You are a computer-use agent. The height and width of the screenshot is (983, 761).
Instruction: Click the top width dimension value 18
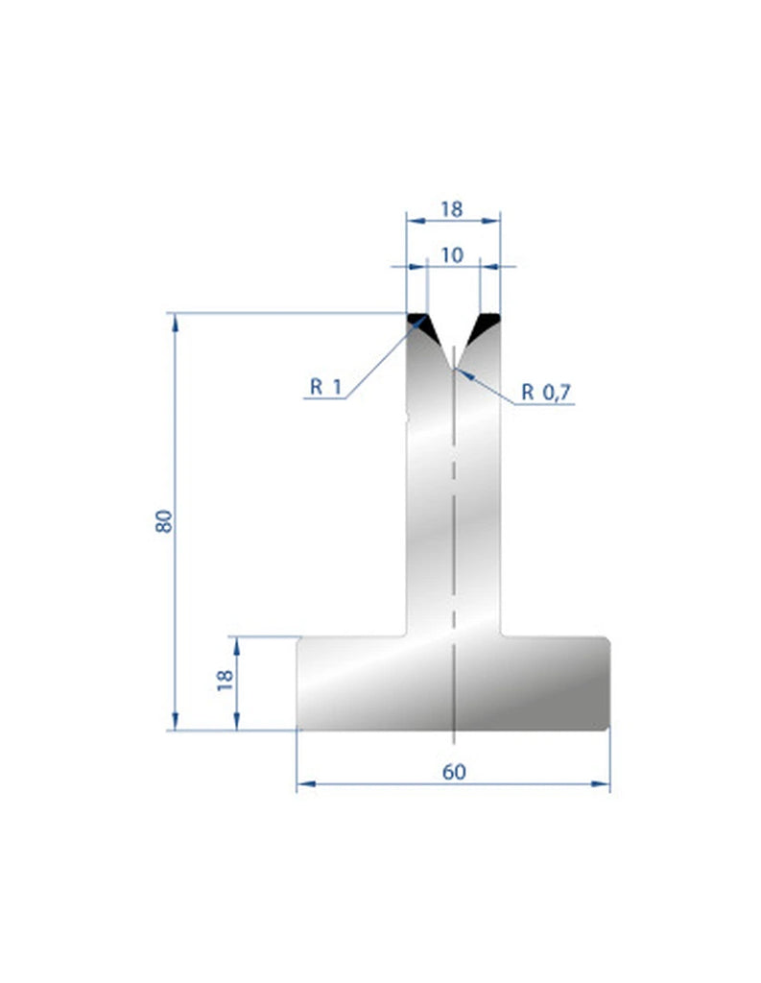453,208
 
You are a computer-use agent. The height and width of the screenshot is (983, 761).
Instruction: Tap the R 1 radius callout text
325,387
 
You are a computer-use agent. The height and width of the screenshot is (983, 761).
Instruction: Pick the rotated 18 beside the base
225,681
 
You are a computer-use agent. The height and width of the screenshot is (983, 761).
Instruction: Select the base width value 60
453,772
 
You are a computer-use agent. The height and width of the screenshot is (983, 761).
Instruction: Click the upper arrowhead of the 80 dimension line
175,320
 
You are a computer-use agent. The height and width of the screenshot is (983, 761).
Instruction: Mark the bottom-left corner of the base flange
298,728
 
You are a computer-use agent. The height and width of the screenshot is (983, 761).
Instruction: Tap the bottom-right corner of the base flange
608,728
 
